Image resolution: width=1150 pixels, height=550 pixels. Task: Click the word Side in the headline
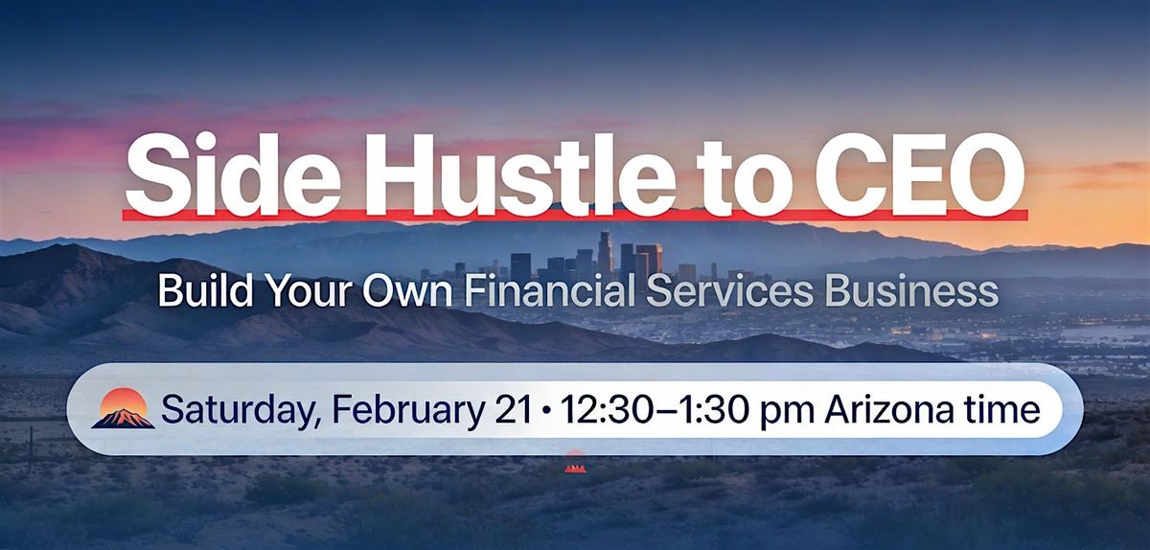tap(232, 175)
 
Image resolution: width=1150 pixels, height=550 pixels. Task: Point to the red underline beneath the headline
tap(575, 215)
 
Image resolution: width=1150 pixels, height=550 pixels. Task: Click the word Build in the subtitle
tap(205, 290)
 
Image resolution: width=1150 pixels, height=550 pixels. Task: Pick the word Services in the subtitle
tap(729, 291)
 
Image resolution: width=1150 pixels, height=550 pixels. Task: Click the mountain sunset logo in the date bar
tap(124, 409)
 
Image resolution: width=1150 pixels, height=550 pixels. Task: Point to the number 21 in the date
tap(513, 410)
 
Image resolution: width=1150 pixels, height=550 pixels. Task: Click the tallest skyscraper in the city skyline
tap(606, 254)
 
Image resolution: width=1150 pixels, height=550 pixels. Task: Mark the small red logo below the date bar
tap(575, 462)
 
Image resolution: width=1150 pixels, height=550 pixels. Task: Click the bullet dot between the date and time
tap(546, 411)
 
